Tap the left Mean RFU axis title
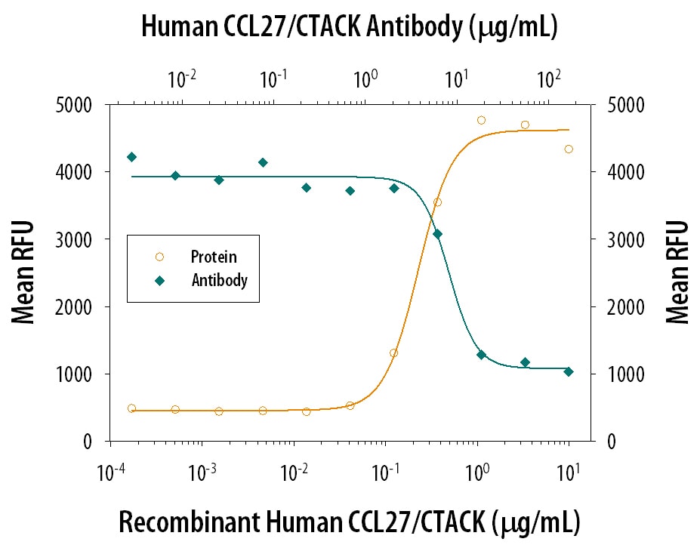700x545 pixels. [24, 272]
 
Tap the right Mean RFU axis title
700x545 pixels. [677, 272]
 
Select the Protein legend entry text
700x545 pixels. [213, 257]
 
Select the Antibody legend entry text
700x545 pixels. [219, 280]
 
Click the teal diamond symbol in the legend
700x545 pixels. [159, 280]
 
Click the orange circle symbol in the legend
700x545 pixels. [159, 257]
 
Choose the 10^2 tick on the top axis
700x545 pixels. [548, 78]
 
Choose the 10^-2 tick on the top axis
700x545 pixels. [183, 78]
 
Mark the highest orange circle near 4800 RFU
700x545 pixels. [481, 120]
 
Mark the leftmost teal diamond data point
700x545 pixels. [131, 157]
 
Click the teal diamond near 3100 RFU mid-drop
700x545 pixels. [437, 234]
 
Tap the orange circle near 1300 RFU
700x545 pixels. [393, 353]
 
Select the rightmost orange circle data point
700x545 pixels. [569, 149]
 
